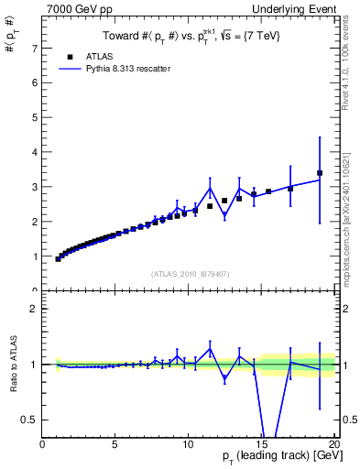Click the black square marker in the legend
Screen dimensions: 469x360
(71, 56)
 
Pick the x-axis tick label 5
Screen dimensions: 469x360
(115, 444)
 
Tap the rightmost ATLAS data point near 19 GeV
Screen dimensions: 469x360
(320, 172)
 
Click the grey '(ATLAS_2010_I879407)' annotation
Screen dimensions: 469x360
(189, 274)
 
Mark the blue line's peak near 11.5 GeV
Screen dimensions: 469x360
(210, 188)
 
